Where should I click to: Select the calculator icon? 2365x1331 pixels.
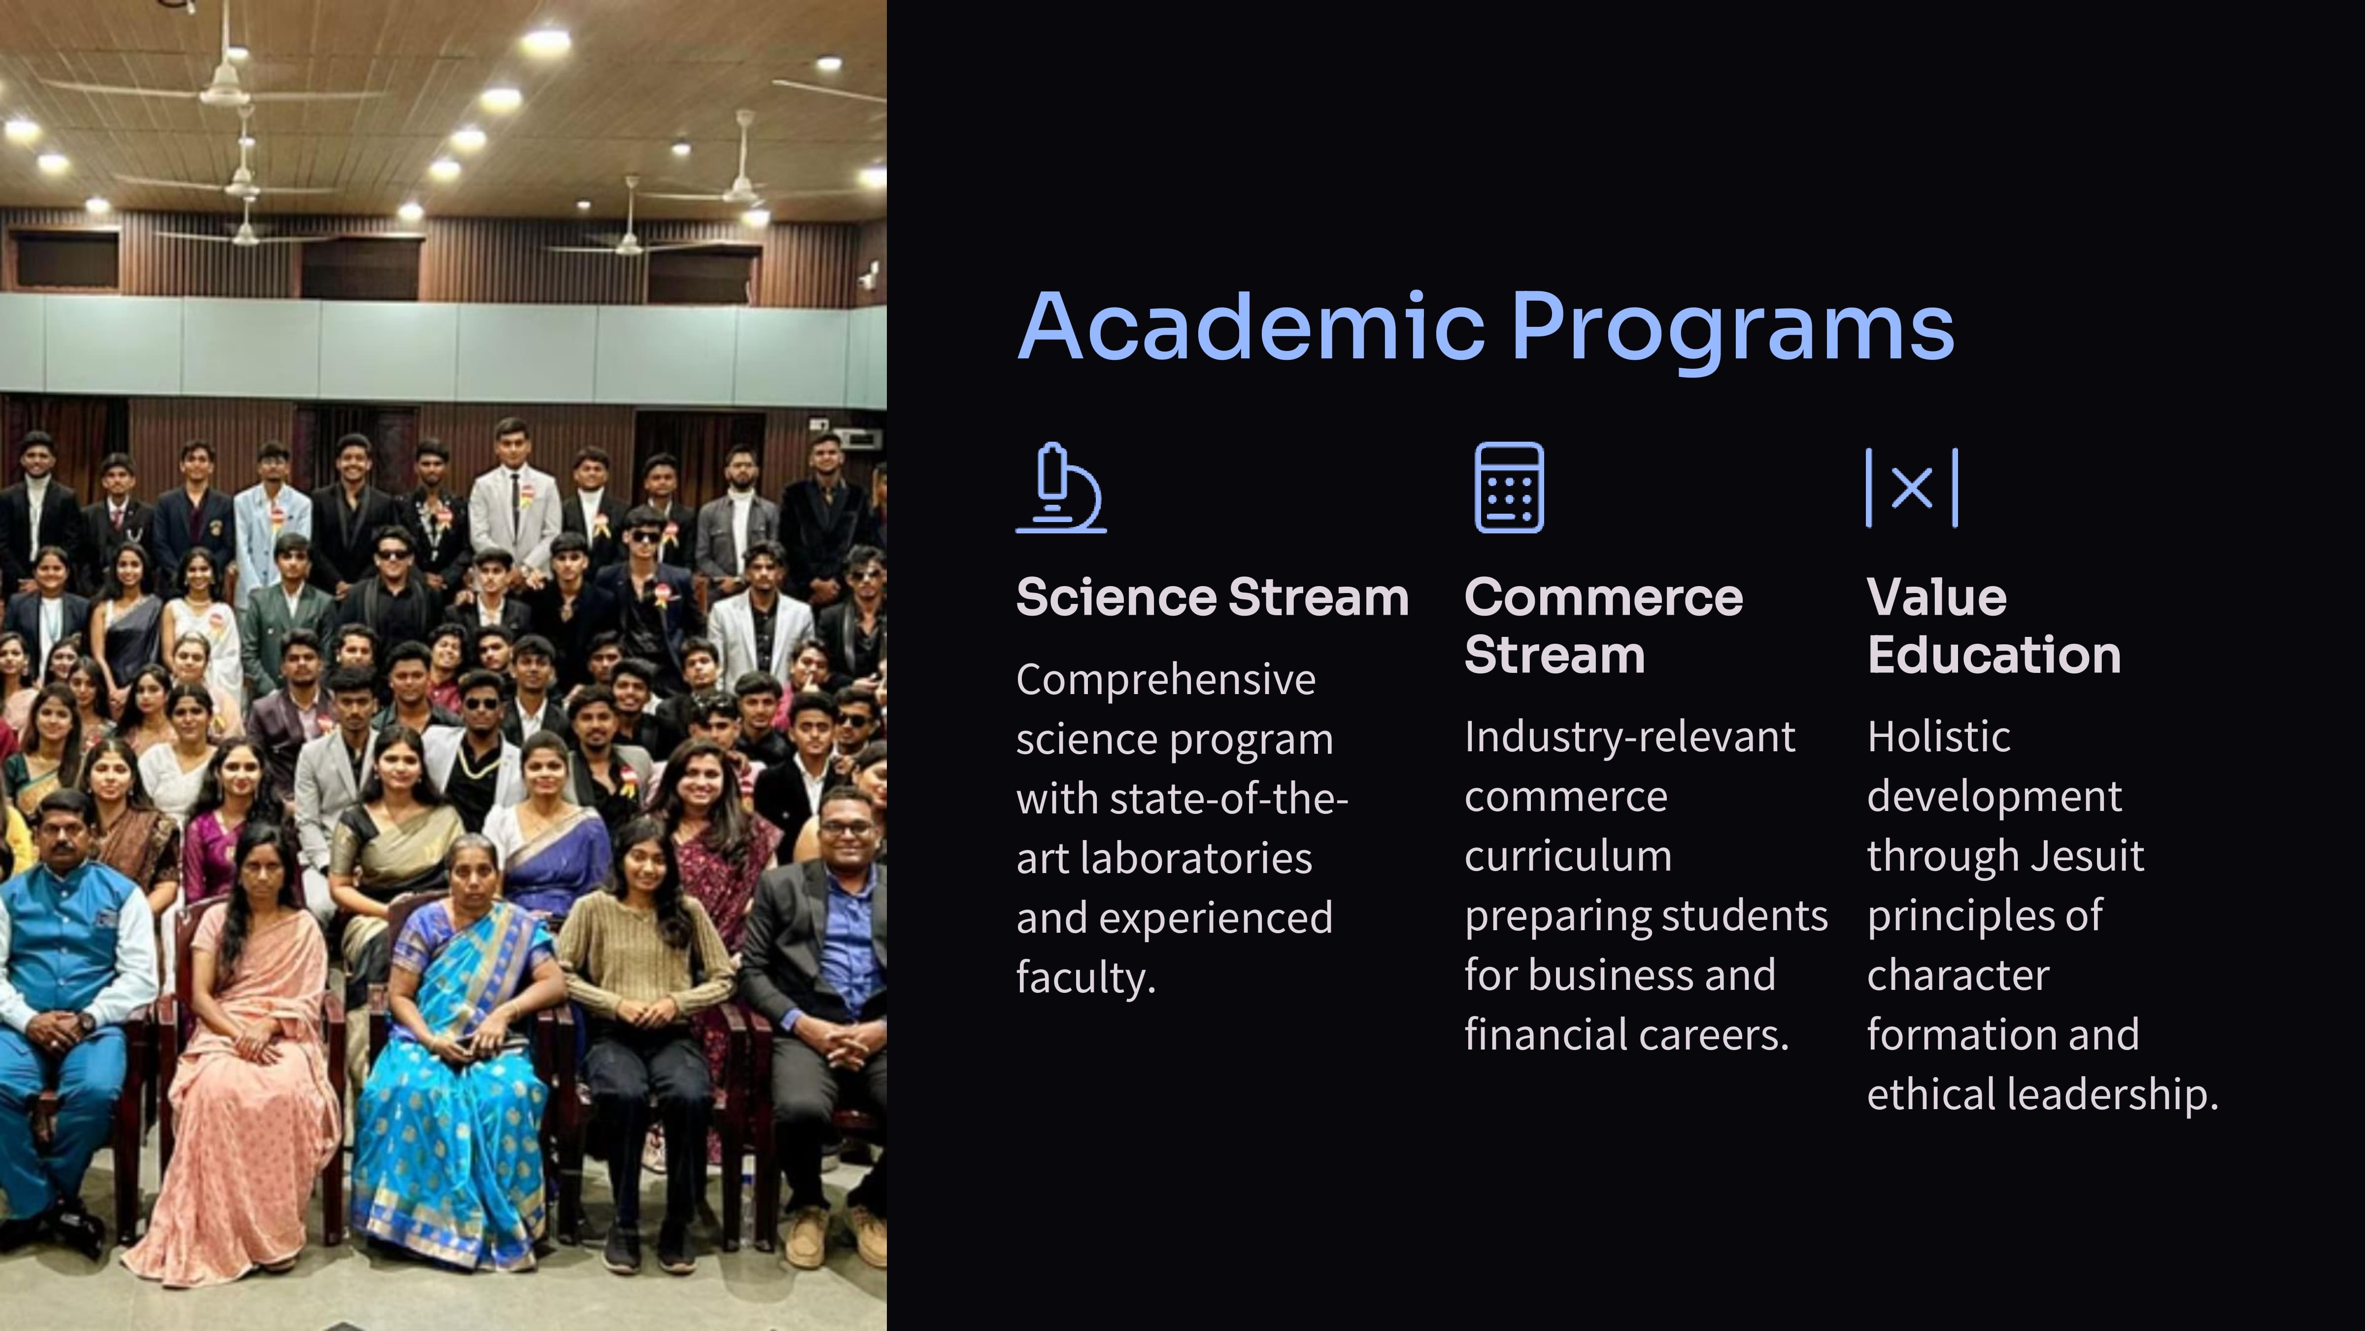point(1509,488)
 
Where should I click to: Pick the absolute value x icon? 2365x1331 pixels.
point(1912,488)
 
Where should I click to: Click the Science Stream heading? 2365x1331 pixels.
point(1212,598)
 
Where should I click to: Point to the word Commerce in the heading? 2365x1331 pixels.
point(1603,598)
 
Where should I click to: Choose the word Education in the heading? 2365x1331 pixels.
point(1994,655)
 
